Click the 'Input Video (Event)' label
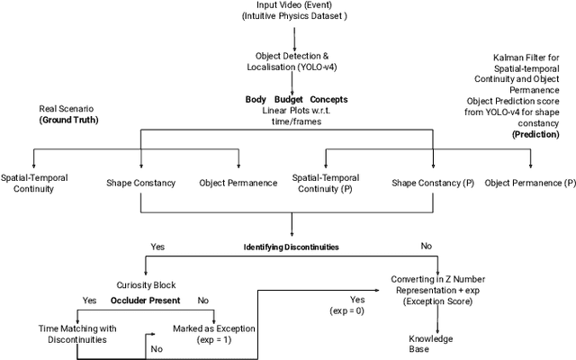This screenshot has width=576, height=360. point(293,6)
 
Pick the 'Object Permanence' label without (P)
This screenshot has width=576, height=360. point(238,183)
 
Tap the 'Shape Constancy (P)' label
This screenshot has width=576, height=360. point(433,183)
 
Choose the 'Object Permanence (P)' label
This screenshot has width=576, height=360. point(530,183)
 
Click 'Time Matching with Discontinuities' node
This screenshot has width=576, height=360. point(76,334)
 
